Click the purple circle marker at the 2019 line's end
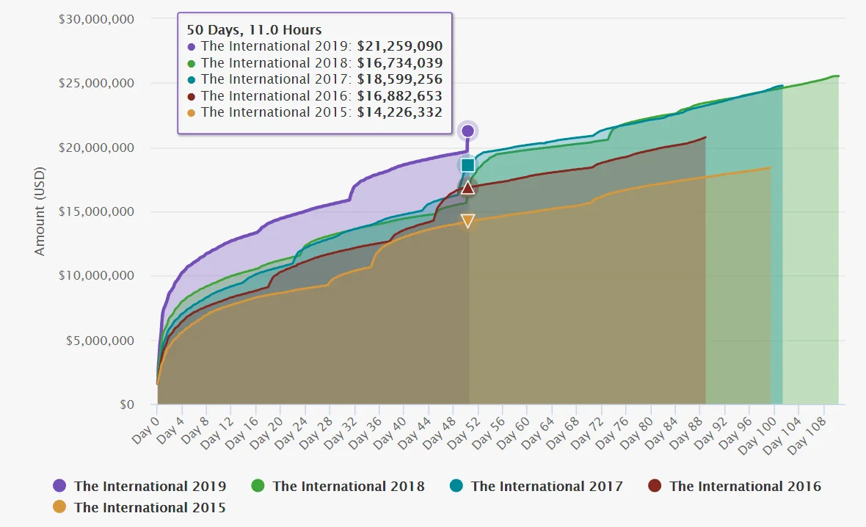click(467, 131)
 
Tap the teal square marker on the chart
click(467, 164)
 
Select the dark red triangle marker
click(467, 188)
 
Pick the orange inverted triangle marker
click(467, 221)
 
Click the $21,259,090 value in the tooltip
click(400, 46)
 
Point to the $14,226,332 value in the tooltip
click(400, 113)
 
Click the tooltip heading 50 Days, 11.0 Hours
click(254, 30)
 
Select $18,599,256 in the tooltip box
click(400, 79)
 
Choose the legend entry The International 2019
click(139, 486)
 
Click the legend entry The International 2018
click(338, 486)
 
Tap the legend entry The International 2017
click(536, 486)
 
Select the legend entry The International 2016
click(735, 486)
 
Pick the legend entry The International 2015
click(139, 507)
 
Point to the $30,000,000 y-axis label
click(97, 19)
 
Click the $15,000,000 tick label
click(97, 211)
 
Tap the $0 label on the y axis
click(127, 404)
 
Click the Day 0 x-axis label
click(145, 430)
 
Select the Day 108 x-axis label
click(807, 435)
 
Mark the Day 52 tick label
click(463, 432)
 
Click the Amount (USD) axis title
click(39, 211)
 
